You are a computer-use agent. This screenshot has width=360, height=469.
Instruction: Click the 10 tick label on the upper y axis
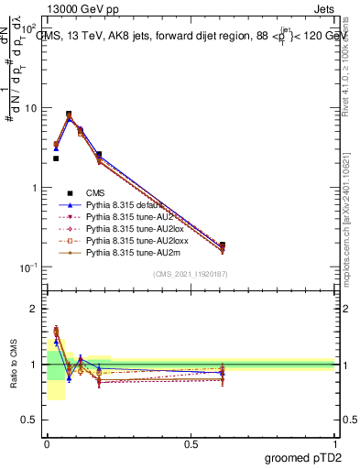point(30,108)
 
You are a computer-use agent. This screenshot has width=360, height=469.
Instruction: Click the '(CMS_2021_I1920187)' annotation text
point(191,274)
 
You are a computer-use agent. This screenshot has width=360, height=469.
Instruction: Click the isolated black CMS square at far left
point(56,158)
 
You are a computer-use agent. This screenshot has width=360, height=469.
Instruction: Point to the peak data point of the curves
point(69,115)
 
